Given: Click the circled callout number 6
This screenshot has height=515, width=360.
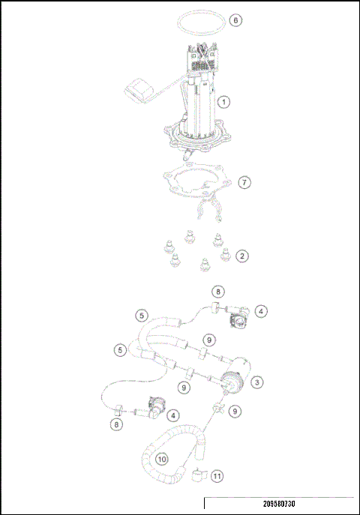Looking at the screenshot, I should click(235, 20).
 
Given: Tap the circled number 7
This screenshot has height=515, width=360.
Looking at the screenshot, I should click(243, 182).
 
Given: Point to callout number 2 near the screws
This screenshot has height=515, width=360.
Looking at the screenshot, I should click(241, 256).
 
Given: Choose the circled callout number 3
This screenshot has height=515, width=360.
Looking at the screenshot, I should click(256, 382).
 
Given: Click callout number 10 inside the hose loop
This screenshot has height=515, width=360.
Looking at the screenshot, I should click(162, 457).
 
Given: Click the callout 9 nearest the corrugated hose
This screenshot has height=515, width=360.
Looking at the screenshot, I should click(235, 411).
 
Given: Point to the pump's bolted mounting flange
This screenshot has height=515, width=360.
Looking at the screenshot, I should click(196, 138).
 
